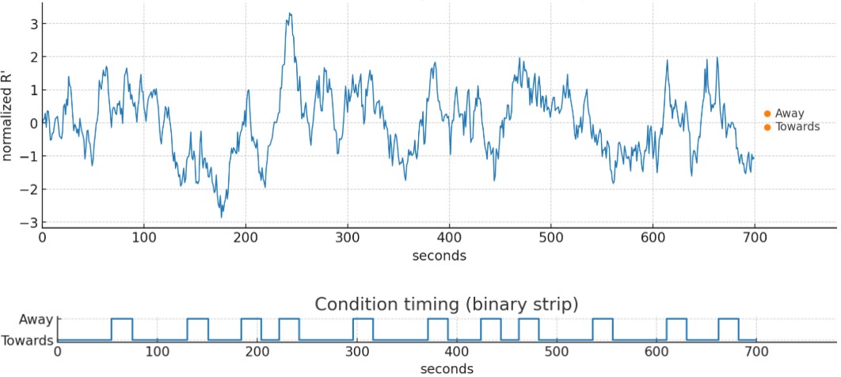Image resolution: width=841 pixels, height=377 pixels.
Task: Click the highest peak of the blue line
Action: pos(290,13)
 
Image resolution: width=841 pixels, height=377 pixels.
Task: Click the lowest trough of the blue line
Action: pos(222,217)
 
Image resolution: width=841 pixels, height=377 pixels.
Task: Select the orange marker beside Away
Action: pos(767,114)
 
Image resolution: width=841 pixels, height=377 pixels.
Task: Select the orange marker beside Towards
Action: pos(767,127)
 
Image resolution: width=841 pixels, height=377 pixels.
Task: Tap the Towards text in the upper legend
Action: pos(797,127)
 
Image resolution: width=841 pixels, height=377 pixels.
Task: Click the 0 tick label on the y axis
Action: pos(32,123)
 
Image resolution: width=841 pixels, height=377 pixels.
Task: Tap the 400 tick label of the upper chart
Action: pos(449,237)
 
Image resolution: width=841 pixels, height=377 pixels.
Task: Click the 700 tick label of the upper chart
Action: pos(755,237)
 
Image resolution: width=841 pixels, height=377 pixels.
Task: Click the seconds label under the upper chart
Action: pos(439,256)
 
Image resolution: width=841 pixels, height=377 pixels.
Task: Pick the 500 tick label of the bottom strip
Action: pos(557,352)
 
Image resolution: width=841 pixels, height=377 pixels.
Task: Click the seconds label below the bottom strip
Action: pos(448,368)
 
